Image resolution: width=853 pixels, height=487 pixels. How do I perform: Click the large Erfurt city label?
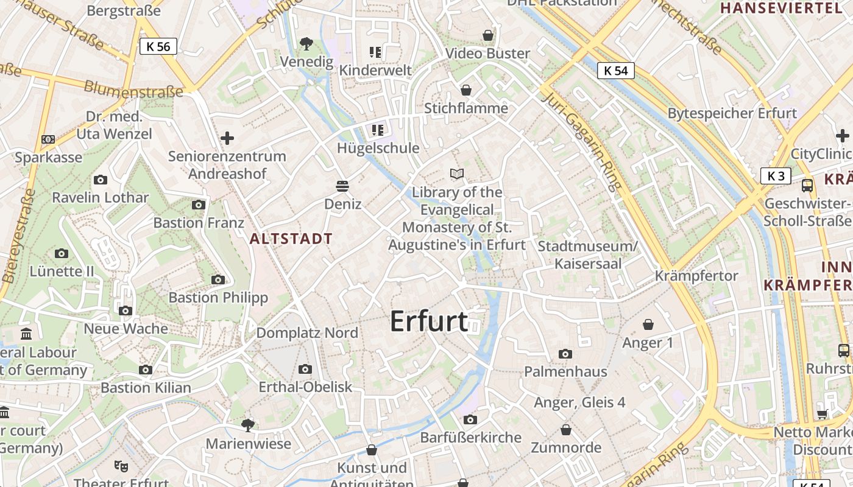pyautogui.click(x=429, y=321)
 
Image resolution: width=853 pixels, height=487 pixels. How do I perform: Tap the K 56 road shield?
pyautogui.click(x=158, y=46)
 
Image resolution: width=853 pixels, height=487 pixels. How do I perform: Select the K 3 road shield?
pyautogui.click(x=776, y=177)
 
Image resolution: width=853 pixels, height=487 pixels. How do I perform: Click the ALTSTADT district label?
pyautogui.click(x=291, y=239)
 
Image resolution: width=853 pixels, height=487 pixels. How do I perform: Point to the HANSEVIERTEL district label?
pyautogui.click(x=780, y=8)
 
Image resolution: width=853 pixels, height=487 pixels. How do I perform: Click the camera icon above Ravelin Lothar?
pyautogui.click(x=101, y=180)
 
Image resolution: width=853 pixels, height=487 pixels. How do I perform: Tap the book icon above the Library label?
pyautogui.click(x=457, y=174)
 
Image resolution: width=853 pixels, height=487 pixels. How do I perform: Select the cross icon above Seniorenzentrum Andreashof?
pyautogui.click(x=227, y=138)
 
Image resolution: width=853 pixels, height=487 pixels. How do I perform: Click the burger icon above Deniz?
pyautogui.click(x=342, y=186)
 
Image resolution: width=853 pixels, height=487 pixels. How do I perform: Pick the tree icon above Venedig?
pyautogui.click(x=306, y=43)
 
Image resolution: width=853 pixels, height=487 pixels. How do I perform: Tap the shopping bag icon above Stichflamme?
pyautogui.click(x=466, y=90)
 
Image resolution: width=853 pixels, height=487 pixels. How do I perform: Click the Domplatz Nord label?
pyautogui.click(x=307, y=333)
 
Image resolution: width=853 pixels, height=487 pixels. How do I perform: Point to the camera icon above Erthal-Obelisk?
pyautogui.click(x=305, y=369)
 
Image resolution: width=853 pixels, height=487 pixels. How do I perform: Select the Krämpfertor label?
pyautogui.click(x=696, y=276)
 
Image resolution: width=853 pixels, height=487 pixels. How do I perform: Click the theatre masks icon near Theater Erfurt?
pyautogui.click(x=121, y=466)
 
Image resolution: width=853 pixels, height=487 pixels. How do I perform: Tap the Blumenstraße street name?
pyautogui.click(x=133, y=89)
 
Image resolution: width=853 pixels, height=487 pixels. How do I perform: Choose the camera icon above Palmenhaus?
pyautogui.click(x=565, y=354)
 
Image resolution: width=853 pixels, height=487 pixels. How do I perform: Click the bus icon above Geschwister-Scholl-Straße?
pyautogui.click(x=807, y=185)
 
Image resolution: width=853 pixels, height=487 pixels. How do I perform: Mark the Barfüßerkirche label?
pyautogui.click(x=471, y=438)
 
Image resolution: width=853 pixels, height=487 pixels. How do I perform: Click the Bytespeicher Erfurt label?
pyautogui.click(x=732, y=113)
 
